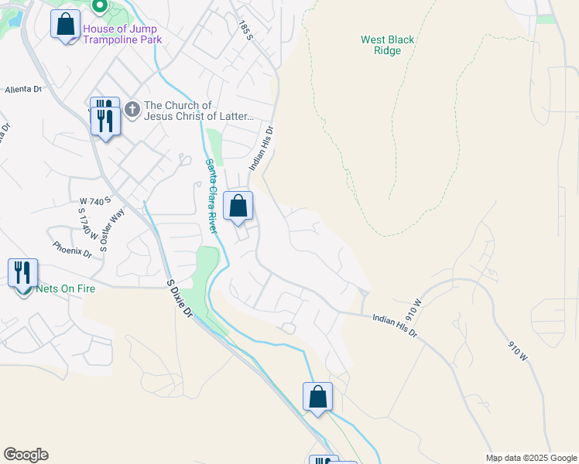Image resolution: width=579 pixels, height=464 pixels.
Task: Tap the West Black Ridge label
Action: click(388, 45)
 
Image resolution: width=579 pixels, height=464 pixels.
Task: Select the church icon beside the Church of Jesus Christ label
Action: click(132, 111)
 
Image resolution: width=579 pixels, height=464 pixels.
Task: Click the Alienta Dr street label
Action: click(22, 90)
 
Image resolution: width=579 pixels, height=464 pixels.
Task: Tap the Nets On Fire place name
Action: click(65, 289)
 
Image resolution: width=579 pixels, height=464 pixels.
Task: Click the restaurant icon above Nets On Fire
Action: click(22, 273)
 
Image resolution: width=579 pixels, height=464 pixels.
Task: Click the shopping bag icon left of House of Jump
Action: click(66, 23)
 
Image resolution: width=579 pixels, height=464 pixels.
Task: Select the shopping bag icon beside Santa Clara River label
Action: click(238, 206)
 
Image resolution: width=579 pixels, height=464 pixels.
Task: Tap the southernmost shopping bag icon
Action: click(317, 397)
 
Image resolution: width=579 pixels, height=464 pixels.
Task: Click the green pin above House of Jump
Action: click(99, 7)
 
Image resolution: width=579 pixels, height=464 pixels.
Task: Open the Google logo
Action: click(26, 455)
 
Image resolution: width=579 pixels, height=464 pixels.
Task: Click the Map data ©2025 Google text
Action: click(531, 458)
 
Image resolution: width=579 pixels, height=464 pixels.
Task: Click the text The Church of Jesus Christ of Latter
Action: click(199, 111)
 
